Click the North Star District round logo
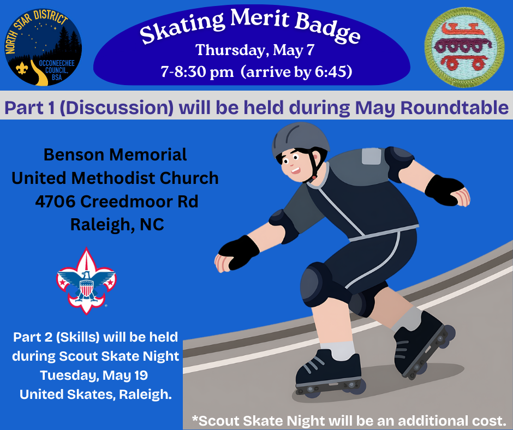tap(43, 47)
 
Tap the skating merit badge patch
tap(464, 47)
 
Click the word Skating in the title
tap(183, 27)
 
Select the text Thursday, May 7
tap(255, 50)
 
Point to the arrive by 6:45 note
tap(296, 71)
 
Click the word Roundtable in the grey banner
tap(455, 107)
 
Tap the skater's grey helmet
tap(300, 140)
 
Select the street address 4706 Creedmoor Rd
tap(116, 201)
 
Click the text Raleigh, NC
tap(117, 224)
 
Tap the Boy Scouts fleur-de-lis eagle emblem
tap(86, 281)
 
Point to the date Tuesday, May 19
tap(94, 375)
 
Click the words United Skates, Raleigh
tap(96, 395)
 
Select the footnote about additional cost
tap(349, 421)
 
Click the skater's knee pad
tap(316, 284)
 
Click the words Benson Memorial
tap(115, 154)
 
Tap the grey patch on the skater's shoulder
tap(371, 156)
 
